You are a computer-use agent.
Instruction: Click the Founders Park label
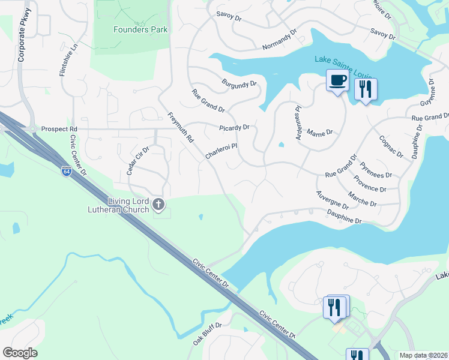click(x=140, y=29)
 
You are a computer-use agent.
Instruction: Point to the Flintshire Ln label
click(x=66, y=61)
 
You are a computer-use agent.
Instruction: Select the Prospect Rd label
click(x=59, y=129)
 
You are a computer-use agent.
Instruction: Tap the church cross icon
click(x=158, y=205)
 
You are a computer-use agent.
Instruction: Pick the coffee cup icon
click(x=337, y=80)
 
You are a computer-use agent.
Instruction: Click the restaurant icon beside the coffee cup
click(x=365, y=89)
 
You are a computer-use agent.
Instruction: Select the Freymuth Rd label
click(x=181, y=128)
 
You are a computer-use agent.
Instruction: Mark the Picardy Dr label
click(x=234, y=127)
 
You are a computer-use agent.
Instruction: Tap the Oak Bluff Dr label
click(x=207, y=334)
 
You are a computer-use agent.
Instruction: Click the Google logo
click(x=20, y=353)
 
